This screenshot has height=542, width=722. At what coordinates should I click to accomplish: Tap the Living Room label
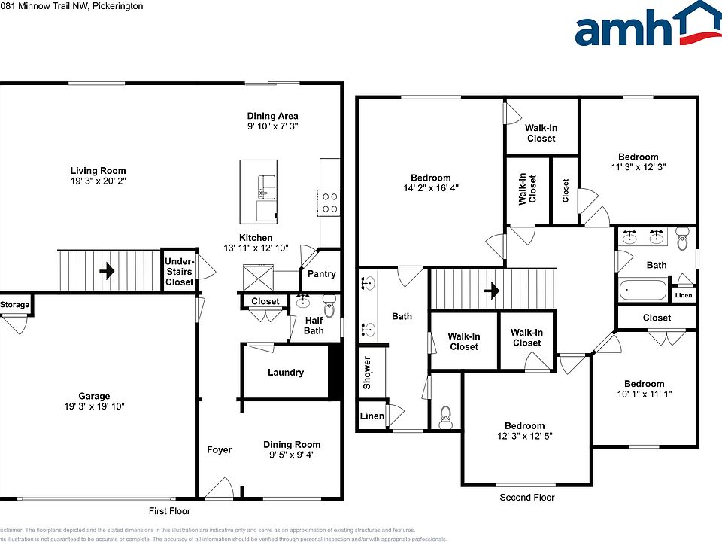(x=98, y=171)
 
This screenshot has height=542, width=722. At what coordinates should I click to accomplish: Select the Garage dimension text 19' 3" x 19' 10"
(x=94, y=406)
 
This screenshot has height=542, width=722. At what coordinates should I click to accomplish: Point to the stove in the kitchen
(x=329, y=202)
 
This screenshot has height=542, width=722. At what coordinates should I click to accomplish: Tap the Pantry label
(x=322, y=275)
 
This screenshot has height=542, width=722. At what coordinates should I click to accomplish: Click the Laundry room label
(x=286, y=373)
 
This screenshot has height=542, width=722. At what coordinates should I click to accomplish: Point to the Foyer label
(x=220, y=450)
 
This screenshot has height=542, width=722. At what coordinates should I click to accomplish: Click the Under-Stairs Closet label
(x=178, y=272)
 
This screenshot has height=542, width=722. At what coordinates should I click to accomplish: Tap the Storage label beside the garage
(x=15, y=305)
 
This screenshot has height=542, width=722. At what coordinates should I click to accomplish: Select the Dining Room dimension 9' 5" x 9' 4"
(x=292, y=455)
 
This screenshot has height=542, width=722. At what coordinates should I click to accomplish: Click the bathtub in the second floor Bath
(x=642, y=290)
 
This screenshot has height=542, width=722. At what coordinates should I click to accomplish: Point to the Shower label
(x=367, y=373)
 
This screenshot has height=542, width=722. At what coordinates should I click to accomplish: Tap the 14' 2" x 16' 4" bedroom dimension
(x=431, y=188)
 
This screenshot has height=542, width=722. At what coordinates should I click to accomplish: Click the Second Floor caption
(x=526, y=498)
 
